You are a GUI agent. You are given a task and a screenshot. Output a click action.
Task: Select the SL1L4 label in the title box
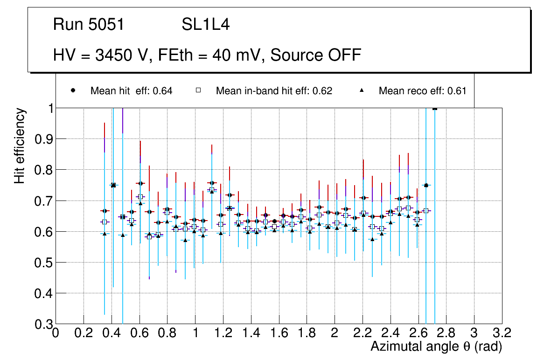pos(205,25)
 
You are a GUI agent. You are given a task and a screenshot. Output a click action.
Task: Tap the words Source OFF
pos(316,55)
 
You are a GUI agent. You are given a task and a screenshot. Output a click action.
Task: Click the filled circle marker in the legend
pos(73,90)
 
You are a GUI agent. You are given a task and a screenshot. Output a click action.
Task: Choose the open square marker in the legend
pos(198,90)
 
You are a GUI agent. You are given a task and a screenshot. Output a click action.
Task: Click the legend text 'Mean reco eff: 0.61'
pos(422,91)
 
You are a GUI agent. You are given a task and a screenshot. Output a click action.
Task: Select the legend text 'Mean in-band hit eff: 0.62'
pos(274,91)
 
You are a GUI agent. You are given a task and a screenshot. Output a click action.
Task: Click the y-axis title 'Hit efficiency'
pos(20,145)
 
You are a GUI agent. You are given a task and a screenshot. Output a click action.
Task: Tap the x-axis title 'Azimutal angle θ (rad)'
pos(436,346)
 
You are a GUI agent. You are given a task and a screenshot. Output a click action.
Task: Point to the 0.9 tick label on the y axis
pos(43,139)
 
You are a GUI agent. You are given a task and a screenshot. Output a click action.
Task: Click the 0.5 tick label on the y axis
pos(43,263)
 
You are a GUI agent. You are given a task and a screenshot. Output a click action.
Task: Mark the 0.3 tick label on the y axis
pos(43,324)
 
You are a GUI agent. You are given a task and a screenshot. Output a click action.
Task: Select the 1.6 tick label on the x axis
pos(279,333)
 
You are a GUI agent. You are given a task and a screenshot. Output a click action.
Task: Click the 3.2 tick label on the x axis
pos(502,333)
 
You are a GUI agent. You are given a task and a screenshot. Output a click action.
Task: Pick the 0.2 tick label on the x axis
pos(84,333)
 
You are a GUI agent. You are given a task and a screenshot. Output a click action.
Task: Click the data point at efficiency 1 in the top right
pos(435,108)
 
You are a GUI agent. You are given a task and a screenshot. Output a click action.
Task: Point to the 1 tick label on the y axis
pos(49,108)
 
